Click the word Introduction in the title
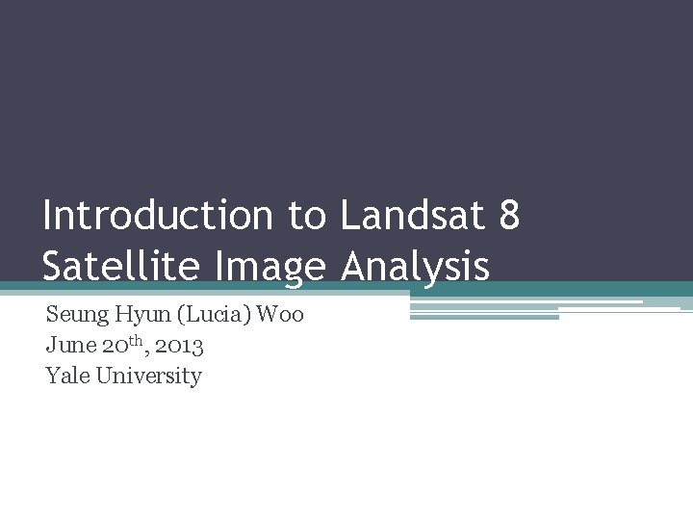coord(158,217)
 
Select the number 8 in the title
coord(510,217)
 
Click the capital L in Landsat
coord(348,217)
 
